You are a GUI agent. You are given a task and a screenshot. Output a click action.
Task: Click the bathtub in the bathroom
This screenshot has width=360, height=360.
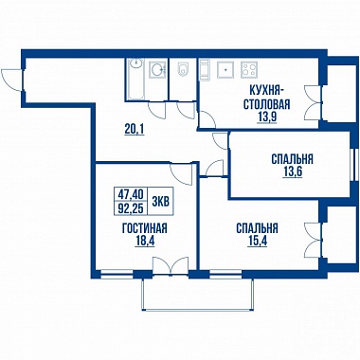click(136, 79)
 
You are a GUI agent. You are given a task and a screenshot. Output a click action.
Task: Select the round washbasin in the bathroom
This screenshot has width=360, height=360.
click(157, 69)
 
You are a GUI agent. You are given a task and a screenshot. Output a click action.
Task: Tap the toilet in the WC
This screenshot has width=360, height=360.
click(183, 69)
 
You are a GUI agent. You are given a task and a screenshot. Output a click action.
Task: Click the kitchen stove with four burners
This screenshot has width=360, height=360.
click(249, 69)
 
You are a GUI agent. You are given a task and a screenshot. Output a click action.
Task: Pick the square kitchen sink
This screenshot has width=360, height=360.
click(225, 69)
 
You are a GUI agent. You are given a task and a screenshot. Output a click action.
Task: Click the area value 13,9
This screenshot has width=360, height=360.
click(267, 117)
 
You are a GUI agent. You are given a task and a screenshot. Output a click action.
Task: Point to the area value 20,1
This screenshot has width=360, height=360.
click(135, 129)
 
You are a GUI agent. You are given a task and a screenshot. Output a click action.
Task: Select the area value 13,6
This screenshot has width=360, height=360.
click(293, 172)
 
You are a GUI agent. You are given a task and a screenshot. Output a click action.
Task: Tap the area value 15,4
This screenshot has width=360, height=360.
click(257, 242)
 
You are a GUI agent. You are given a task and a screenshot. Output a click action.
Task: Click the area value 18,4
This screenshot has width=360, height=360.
click(145, 242)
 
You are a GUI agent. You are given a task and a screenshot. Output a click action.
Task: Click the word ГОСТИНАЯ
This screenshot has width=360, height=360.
click(145, 228)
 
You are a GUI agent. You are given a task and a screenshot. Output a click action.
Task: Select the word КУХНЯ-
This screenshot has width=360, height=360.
click(267, 90)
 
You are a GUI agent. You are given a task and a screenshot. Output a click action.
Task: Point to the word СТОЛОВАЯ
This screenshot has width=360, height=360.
click(267, 104)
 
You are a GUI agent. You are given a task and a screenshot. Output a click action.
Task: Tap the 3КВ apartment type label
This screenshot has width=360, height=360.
click(160, 201)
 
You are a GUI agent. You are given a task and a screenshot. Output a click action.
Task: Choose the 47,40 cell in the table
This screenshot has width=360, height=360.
click(131, 193)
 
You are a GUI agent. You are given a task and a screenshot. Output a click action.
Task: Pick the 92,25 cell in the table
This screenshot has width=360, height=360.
click(131, 207)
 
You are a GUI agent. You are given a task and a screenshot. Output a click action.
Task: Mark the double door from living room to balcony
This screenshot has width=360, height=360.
click(171, 265)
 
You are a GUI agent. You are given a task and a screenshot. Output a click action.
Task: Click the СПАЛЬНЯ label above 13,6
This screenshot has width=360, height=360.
click(292, 159)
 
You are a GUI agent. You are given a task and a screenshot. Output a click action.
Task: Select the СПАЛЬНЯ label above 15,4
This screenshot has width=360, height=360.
click(257, 228)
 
